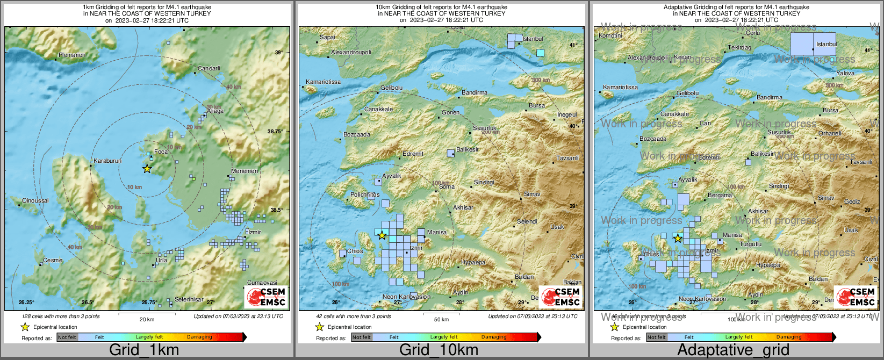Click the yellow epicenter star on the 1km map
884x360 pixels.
pyautogui.click(x=147, y=169)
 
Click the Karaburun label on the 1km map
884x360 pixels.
pyautogui.click(x=107, y=161)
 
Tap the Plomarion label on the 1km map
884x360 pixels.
pyautogui.click(x=72, y=55)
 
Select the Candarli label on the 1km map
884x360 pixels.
pyautogui.click(x=209, y=69)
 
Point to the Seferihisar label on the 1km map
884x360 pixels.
pyautogui.click(x=189, y=299)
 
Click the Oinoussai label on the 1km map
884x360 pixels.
pyautogui.click(x=35, y=201)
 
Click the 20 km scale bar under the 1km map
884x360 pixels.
pyautogui.click(x=147, y=314)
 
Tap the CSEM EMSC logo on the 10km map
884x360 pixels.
pyautogui.click(x=561, y=297)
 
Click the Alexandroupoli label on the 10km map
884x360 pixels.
pyautogui.click(x=351, y=53)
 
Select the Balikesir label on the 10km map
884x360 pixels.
pyautogui.click(x=468, y=149)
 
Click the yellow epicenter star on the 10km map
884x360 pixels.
pyautogui.click(x=382, y=235)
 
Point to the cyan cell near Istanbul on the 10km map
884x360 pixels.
pyautogui.click(x=541, y=53)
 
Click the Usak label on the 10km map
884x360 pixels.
pyautogui.click(x=557, y=227)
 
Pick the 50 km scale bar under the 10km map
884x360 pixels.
pyautogui.click(x=441, y=314)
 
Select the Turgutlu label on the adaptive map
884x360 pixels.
pyautogui.click(x=751, y=244)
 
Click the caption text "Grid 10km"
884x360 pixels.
pyautogui.click(x=439, y=350)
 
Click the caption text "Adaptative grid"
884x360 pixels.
pyautogui.click(x=734, y=350)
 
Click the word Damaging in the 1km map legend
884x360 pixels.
pyautogui.click(x=199, y=337)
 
